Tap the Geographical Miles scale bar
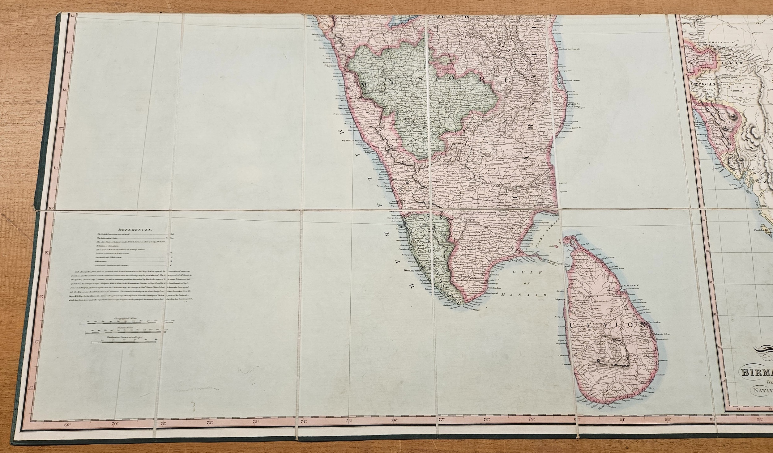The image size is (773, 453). point(127,324)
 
